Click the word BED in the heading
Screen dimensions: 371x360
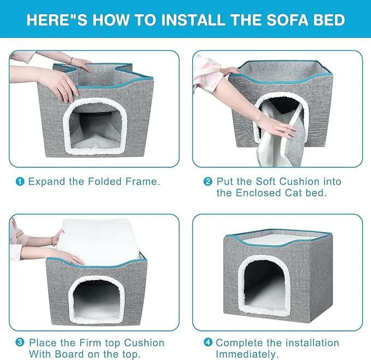click(x=329, y=20)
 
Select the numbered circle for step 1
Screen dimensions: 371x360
click(x=20, y=182)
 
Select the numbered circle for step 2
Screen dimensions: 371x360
click(x=208, y=182)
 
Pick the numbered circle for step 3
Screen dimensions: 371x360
click(x=20, y=342)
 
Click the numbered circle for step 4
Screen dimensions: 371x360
click(x=208, y=342)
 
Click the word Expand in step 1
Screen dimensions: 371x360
click(x=46, y=182)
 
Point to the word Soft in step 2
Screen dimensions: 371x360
click(x=265, y=182)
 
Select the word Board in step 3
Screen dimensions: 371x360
click(x=69, y=354)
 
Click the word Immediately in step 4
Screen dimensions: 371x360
click(x=245, y=355)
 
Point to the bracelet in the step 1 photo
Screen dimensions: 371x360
click(x=70, y=61)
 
